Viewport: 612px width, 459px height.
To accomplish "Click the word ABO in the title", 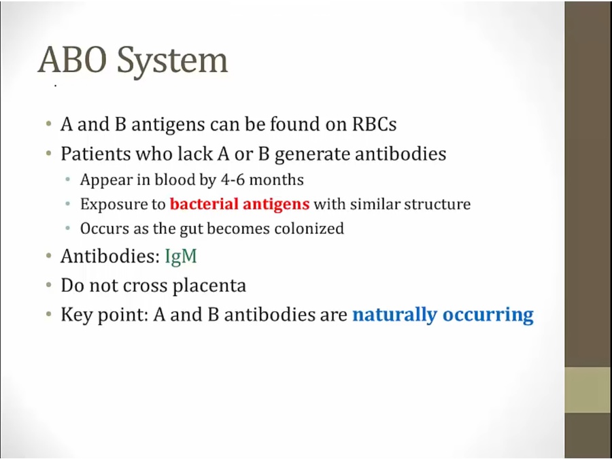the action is click(x=72, y=60).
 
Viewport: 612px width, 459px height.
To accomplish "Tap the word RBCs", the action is click(x=374, y=124).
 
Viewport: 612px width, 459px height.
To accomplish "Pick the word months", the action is click(x=276, y=180).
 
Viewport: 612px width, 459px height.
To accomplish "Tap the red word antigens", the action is click(x=276, y=205).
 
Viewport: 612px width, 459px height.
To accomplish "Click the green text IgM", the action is click(x=181, y=257).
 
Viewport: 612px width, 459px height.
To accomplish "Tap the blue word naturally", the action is click(x=394, y=315).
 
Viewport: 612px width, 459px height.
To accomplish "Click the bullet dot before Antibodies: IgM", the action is click(x=49, y=256).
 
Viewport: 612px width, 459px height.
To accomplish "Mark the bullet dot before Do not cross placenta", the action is click(x=49, y=286).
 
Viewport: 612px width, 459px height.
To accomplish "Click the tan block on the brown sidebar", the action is click(x=588, y=390).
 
